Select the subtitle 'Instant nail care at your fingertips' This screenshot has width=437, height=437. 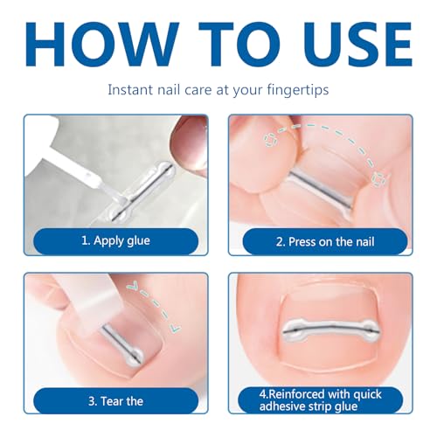point(218,89)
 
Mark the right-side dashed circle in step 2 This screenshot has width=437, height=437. point(378,178)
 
